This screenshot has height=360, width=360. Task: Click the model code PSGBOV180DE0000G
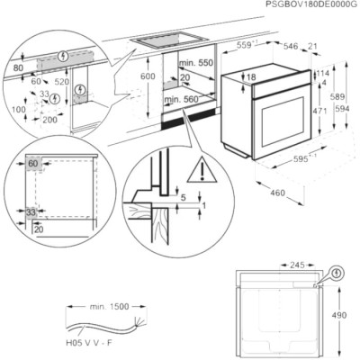(x=312, y=4)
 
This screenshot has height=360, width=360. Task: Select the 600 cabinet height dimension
(x=148, y=76)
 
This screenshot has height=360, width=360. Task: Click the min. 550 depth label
(x=196, y=63)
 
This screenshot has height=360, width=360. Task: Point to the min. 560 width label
(x=181, y=99)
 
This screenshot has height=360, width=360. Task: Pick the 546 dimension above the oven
(x=291, y=46)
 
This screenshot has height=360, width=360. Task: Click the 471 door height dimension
(x=319, y=111)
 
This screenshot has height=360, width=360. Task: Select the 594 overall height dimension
(x=342, y=109)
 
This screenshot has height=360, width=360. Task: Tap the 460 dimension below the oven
(x=277, y=193)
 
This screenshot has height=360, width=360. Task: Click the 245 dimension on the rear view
(x=297, y=265)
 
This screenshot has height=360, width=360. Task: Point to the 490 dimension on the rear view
(x=339, y=315)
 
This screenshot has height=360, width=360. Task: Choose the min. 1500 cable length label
(x=109, y=307)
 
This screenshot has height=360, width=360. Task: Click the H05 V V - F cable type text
(x=89, y=343)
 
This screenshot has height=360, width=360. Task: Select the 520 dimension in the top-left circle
(x=62, y=82)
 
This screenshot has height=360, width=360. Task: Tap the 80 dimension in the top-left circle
(x=18, y=68)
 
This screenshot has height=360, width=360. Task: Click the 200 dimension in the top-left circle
(x=49, y=120)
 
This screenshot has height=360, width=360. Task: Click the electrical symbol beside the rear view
(x=337, y=273)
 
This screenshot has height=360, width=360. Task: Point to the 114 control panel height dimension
(x=323, y=73)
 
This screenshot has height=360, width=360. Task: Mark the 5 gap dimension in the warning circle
(x=184, y=197)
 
